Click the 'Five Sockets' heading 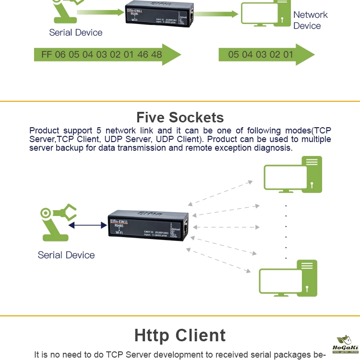click(180, 118)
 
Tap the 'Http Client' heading click(180, 336)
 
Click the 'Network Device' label click(310, 20)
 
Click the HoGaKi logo click(344, 345)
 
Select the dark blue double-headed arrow click(87, 224)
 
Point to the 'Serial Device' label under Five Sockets click(66, 255)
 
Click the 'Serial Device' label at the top click(76, 33)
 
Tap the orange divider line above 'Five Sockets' click(180, 101)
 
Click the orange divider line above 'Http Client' click(180, 316)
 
